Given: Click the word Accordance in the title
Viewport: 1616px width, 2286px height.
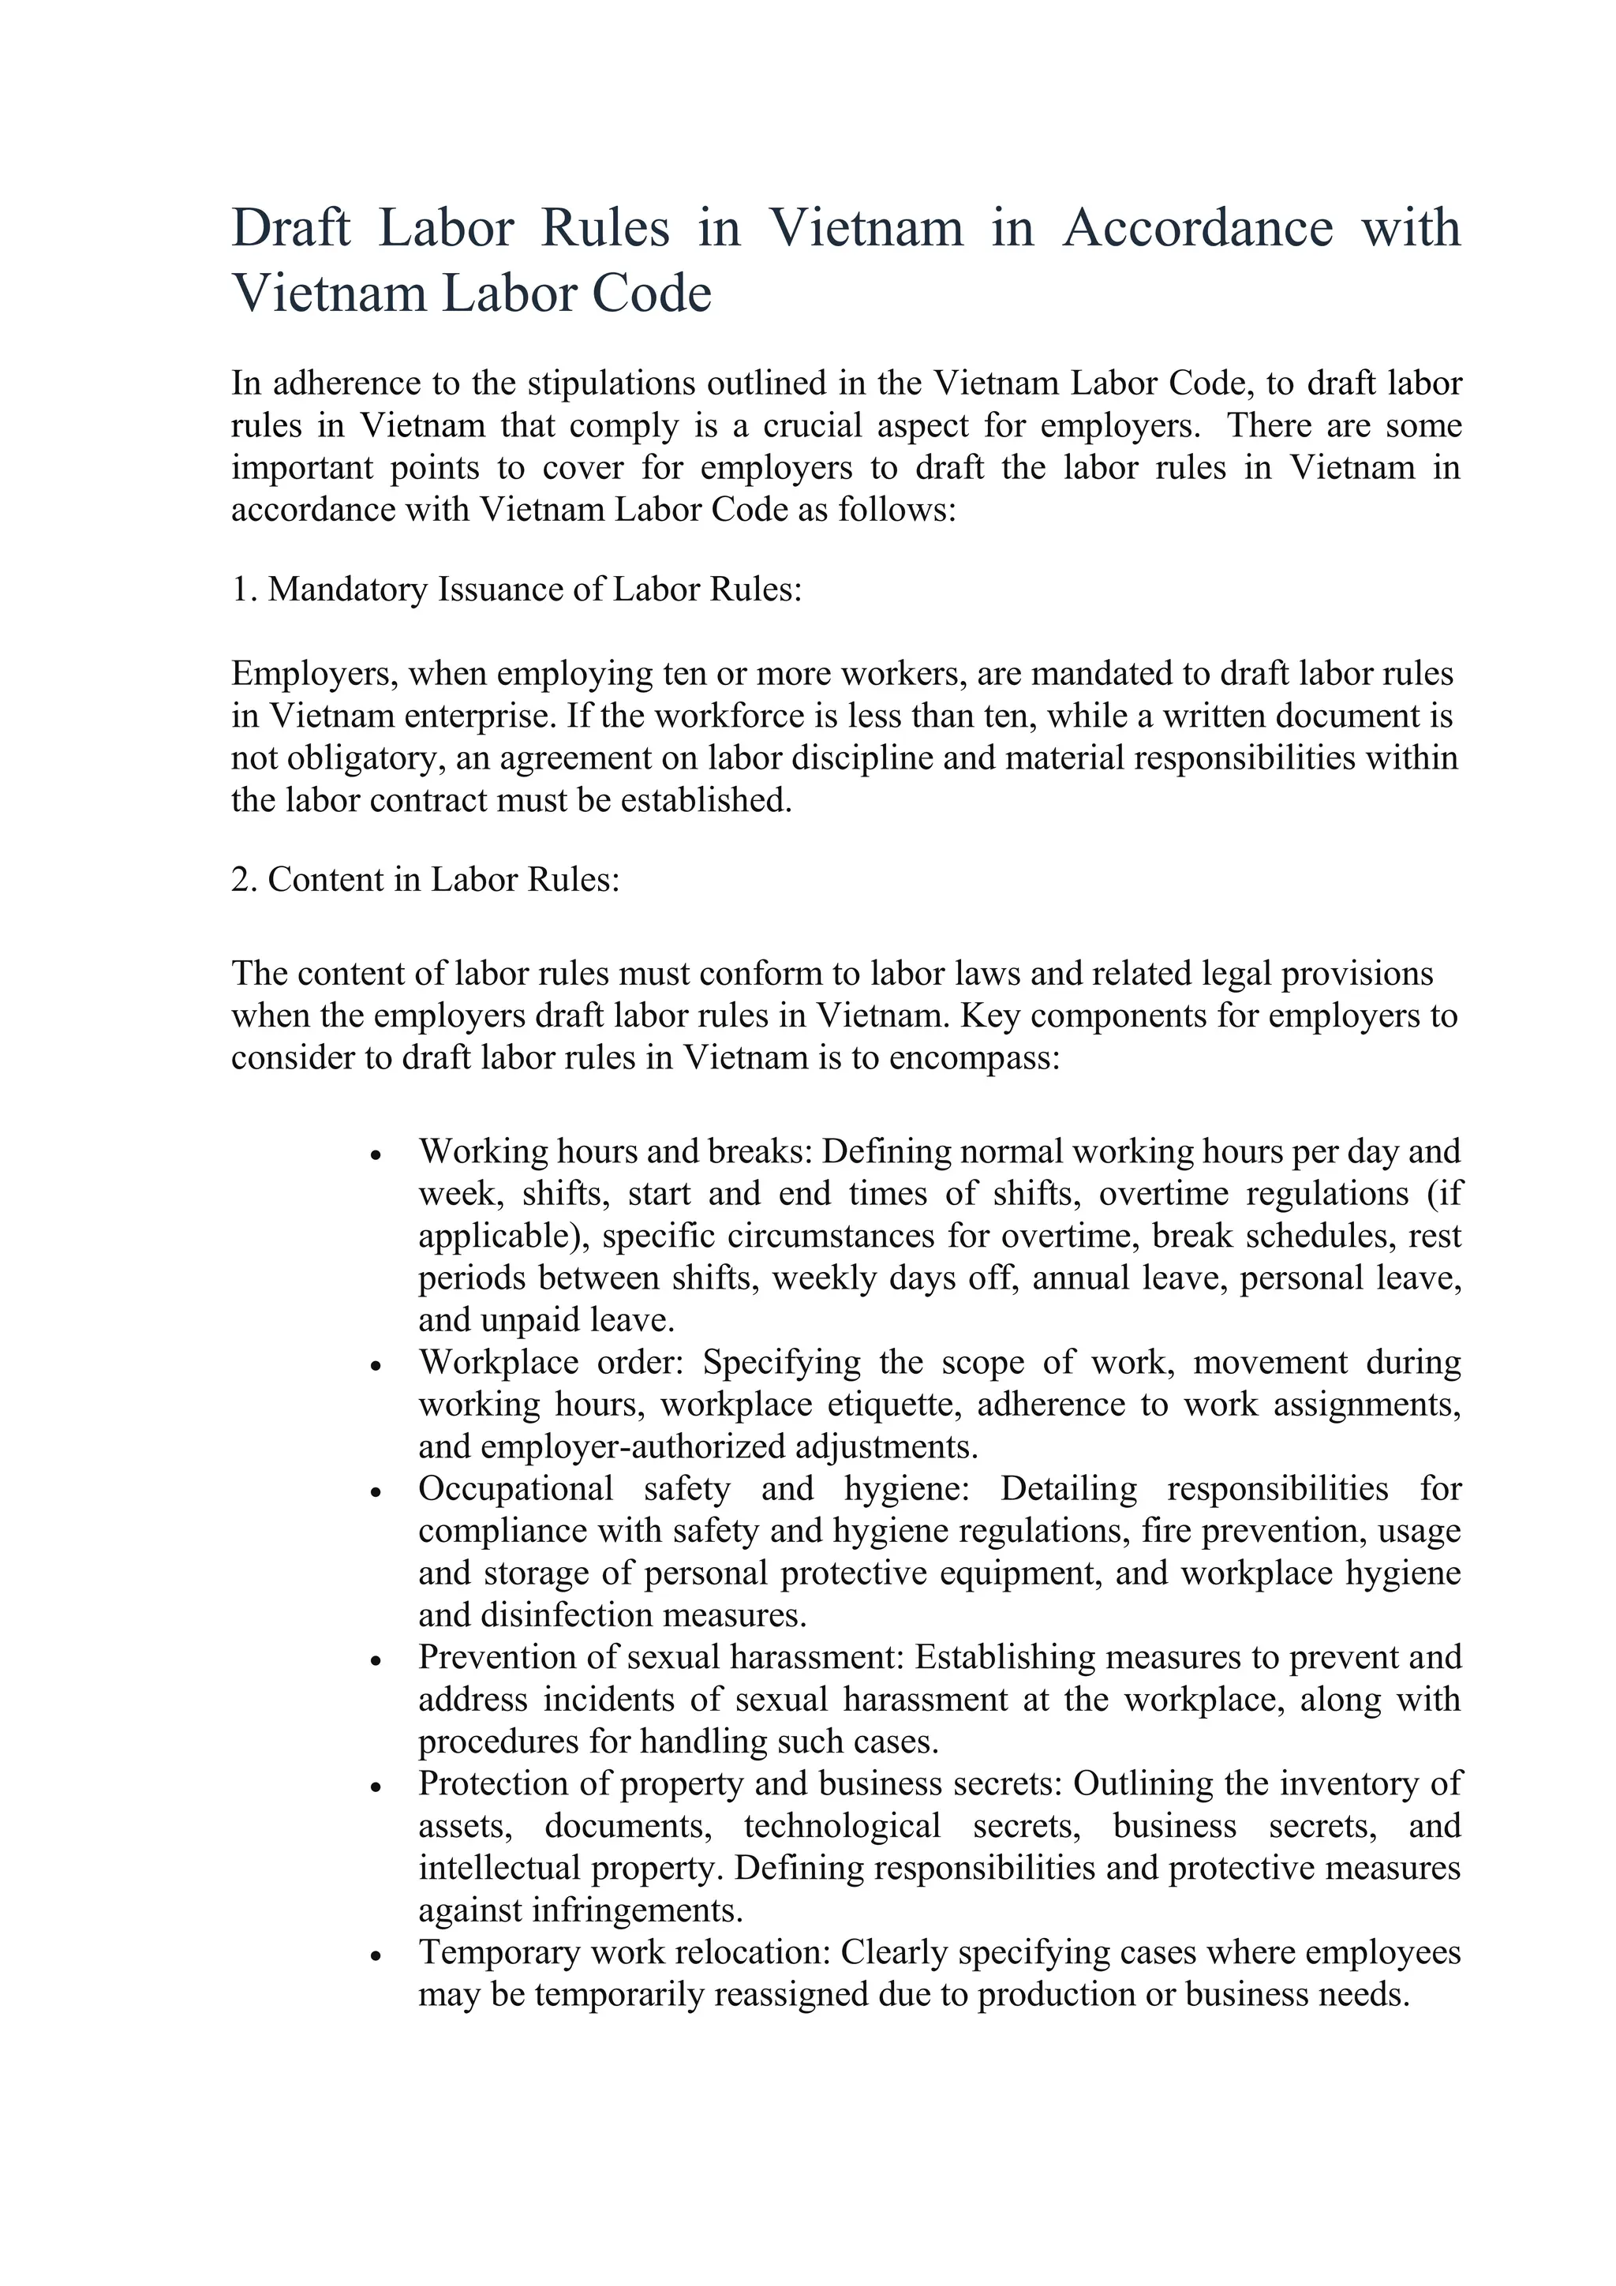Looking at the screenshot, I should click(1198, 227).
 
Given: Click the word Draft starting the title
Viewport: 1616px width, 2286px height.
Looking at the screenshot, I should click(290, 227).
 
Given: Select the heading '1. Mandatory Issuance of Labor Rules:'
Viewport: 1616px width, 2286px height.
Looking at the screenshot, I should click(517, 589).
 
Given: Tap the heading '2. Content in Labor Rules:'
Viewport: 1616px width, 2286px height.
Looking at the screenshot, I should click(425, 879).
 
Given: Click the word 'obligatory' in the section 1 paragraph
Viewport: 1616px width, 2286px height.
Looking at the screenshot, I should click(362, 758).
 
